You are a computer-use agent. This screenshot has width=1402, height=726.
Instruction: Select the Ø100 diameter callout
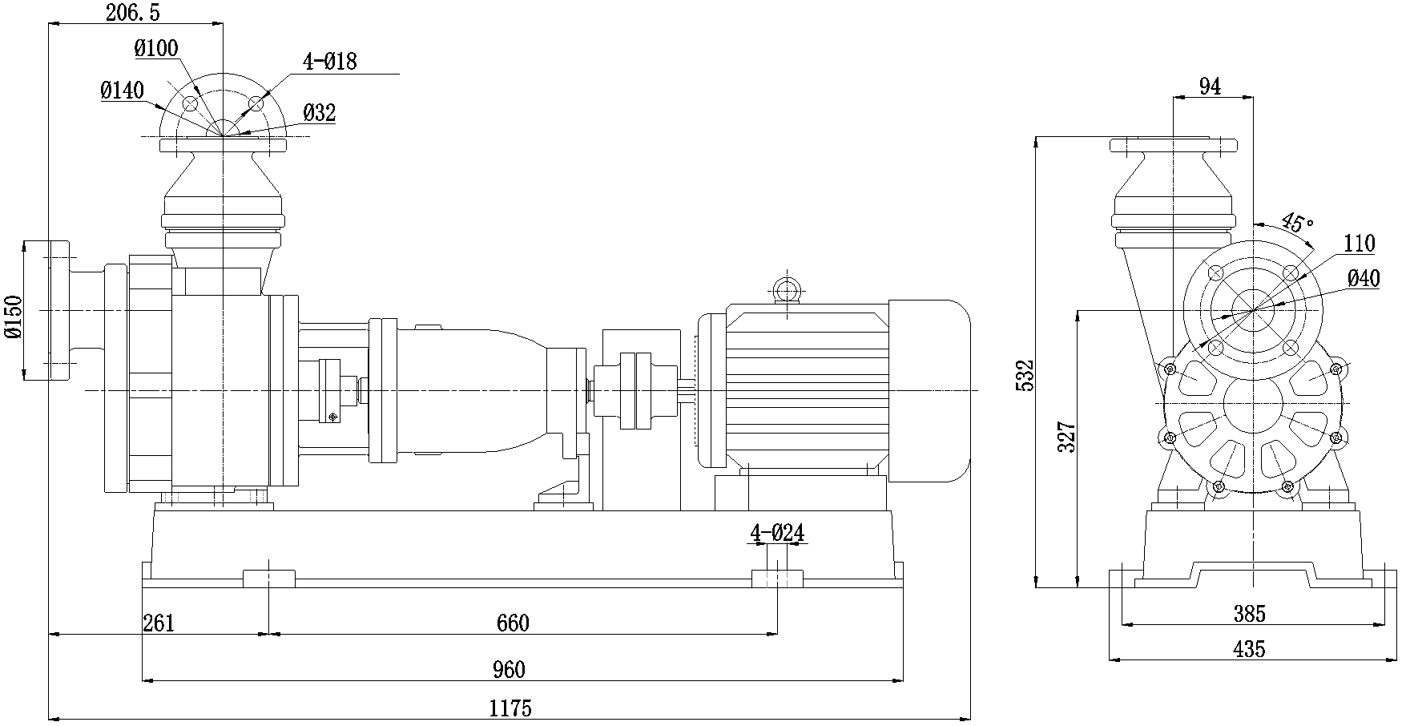(156, 48)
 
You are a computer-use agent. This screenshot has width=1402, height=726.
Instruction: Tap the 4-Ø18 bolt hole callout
(329, 61)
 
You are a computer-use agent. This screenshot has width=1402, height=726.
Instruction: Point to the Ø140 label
(122, 91)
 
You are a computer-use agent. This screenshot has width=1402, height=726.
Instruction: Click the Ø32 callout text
(319, 113)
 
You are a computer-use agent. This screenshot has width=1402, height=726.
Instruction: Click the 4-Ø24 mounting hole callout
(776, 532)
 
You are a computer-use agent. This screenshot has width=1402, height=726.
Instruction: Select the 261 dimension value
(159, 623)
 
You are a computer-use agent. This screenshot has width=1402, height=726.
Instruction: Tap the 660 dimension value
(513, 623)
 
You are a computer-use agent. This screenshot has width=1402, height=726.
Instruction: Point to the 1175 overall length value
(510, 708)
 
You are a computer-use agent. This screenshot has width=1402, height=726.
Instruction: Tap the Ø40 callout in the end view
(1364, 278)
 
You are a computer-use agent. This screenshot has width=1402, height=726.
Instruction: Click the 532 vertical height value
(1025, 375)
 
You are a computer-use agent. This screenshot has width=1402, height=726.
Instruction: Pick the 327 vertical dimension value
(1066, 438)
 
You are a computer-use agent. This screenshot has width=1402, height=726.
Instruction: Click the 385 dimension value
(1249, 614)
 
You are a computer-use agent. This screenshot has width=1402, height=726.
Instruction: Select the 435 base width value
(1249, 649)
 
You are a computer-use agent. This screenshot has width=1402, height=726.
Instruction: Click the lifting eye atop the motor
(786, 288)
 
